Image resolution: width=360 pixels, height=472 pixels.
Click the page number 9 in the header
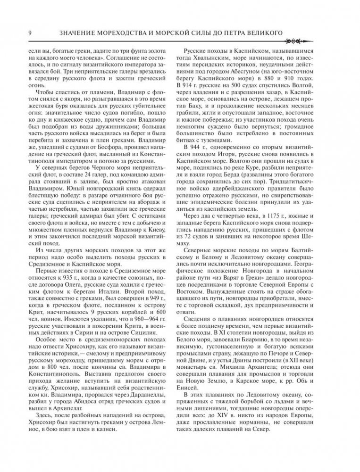pyautogui.click(x=30, y=33)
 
